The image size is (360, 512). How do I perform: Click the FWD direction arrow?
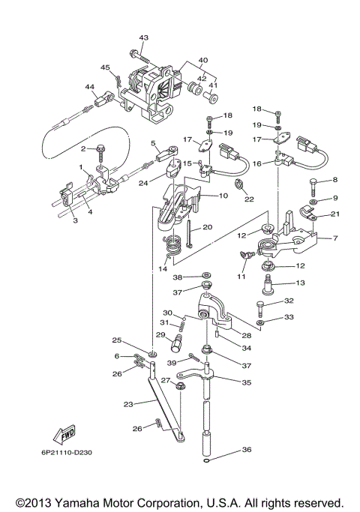point(64,435)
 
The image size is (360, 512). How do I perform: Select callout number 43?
point(143,37)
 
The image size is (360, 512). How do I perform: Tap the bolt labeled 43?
point(139,56)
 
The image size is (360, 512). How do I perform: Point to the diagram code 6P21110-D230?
point(67,453)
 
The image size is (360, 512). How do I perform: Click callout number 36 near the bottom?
point(247,450)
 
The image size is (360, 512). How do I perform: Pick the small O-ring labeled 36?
point(205,461)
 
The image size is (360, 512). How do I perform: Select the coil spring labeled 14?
point(172,247)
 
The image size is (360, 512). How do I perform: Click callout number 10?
point(223,196)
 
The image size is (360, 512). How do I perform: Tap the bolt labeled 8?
point(313,187)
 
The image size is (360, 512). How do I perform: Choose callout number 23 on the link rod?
point(128,404)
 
